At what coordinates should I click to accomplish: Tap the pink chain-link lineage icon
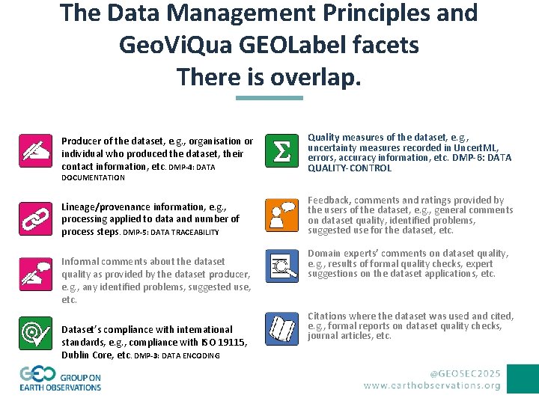click(x=35, y=217)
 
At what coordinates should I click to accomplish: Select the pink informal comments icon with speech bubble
click(x=35, y=274)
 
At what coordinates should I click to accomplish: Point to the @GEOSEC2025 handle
click(x=465, y=372)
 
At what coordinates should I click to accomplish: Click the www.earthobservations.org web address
click(x=432, y=385)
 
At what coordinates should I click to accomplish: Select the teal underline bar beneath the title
click(x=269, y=97)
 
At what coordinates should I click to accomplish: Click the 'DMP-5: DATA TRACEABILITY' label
click(x=171, y=233)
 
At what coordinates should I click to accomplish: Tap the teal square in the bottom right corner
click(x=523, y=379)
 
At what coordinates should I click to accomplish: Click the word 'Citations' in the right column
click(x=326, y=316)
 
